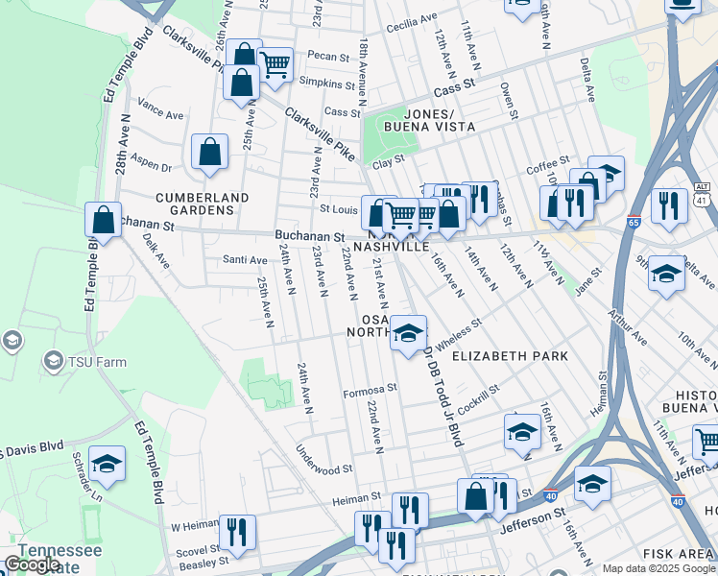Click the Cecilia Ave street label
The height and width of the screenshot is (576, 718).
(x=411, y=17)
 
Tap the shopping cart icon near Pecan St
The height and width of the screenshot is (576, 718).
(x=275, y=66)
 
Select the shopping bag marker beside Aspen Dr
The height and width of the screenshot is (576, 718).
(x=209, y=153)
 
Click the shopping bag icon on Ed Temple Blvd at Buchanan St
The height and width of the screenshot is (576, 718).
(x=103, y=221)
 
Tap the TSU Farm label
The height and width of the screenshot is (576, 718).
(x=72, y=361)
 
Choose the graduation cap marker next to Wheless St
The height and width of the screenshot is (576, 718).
(x=408, y=334)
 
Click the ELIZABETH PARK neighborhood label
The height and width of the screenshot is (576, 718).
(x=510, y=355)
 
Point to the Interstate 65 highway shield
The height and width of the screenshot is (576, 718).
(x=633, y=222)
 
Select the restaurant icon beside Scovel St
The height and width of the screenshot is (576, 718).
(x=236, y=533)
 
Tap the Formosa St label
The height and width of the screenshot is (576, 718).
(x=370, y=390)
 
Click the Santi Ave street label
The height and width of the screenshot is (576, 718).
(x=245, y=260)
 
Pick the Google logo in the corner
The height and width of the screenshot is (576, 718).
(x=32, y=564)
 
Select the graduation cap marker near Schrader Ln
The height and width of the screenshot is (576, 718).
(x=108, y=465)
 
